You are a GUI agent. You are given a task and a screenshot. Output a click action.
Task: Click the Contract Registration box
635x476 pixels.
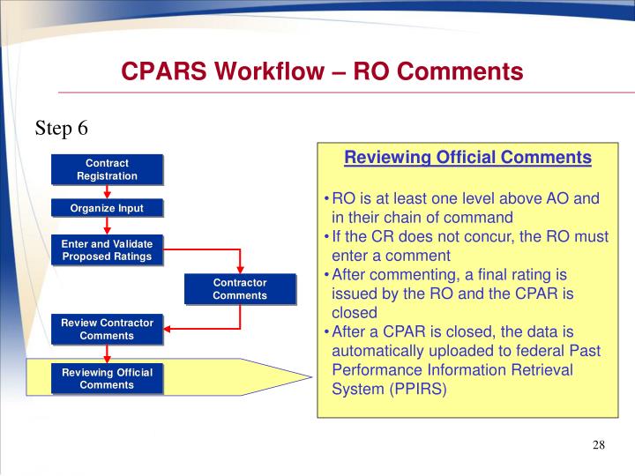[x=107, y=169]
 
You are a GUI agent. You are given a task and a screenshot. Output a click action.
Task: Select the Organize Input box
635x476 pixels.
[x=107, y=209]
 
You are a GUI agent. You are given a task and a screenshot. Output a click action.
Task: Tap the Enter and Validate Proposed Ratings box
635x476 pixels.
[x=107, y=250]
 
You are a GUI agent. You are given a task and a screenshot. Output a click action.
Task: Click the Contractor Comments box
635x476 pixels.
[x=239, y=289]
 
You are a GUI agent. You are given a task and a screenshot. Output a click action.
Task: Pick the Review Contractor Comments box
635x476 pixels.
[x=107, y=330]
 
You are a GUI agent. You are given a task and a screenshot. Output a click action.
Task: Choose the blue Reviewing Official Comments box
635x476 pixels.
[x=107, y=378]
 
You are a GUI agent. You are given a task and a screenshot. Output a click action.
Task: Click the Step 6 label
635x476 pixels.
[x=62, y=128]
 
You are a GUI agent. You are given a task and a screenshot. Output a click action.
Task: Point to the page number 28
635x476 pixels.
[x=598, y=444]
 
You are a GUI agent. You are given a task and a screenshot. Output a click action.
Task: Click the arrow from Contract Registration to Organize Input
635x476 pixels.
[x=107, y=192]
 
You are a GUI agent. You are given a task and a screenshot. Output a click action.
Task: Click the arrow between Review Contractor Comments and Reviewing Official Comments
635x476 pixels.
[x=107, y=353]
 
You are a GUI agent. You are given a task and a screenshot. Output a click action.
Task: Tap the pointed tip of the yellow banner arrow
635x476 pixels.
[x=310, y=376]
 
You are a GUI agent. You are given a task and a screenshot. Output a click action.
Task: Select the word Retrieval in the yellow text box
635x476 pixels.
[x=537, y=369]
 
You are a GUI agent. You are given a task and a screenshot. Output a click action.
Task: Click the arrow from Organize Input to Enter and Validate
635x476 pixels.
[x=107, y=227]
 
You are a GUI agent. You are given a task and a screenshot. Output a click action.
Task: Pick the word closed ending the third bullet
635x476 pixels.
[x=354, y=312]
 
